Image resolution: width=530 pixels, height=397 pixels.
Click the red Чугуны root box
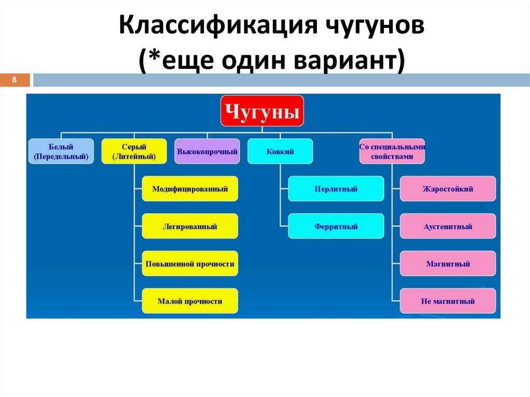click(x=262, y=111)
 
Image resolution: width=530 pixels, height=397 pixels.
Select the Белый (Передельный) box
click(x=61, y=151)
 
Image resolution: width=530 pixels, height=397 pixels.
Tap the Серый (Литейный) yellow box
click(x=134, y=151)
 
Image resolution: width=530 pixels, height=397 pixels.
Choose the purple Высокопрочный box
click(x=207, y=152)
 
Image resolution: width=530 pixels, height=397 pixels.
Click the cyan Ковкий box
click(x=280, y=152)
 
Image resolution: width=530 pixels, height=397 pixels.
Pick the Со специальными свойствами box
click(x=392, y=151)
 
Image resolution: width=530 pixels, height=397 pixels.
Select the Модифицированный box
click(x=190, y=189)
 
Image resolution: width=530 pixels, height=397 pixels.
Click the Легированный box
click(x=190, y=226)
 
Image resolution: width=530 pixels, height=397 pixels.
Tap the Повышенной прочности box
click(x=190, y=263)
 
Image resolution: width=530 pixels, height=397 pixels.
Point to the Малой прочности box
click(x=190, y=301)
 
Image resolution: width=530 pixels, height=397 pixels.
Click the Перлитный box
click(x=336, y=189)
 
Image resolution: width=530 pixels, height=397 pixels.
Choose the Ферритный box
click(x=336, y=226)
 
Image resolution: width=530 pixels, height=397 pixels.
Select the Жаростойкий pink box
click(x=448, y=189)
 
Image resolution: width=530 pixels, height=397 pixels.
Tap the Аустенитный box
click(x=448, y=226)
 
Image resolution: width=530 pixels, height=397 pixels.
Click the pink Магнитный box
click(x=448, y=263)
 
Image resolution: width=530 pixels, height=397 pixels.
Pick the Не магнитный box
click(x=448, y=301)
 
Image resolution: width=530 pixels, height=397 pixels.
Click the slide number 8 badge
click(x=15, y=80)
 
